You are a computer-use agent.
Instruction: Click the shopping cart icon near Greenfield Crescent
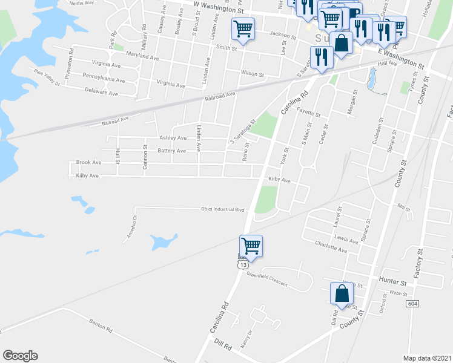(251, 246)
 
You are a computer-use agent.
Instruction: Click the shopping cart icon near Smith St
(243, 28)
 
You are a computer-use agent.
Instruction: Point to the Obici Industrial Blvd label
(222, 209)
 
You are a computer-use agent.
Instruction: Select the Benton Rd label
(101, 327)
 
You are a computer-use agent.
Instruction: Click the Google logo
(20, 356)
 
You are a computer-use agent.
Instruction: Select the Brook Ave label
(88, 163)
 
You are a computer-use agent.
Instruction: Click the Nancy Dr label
(245, 342)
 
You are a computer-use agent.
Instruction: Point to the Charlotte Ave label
(331, 246)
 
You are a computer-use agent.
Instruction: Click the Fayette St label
(308, 111)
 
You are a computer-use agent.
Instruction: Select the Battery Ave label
(171, 151)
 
